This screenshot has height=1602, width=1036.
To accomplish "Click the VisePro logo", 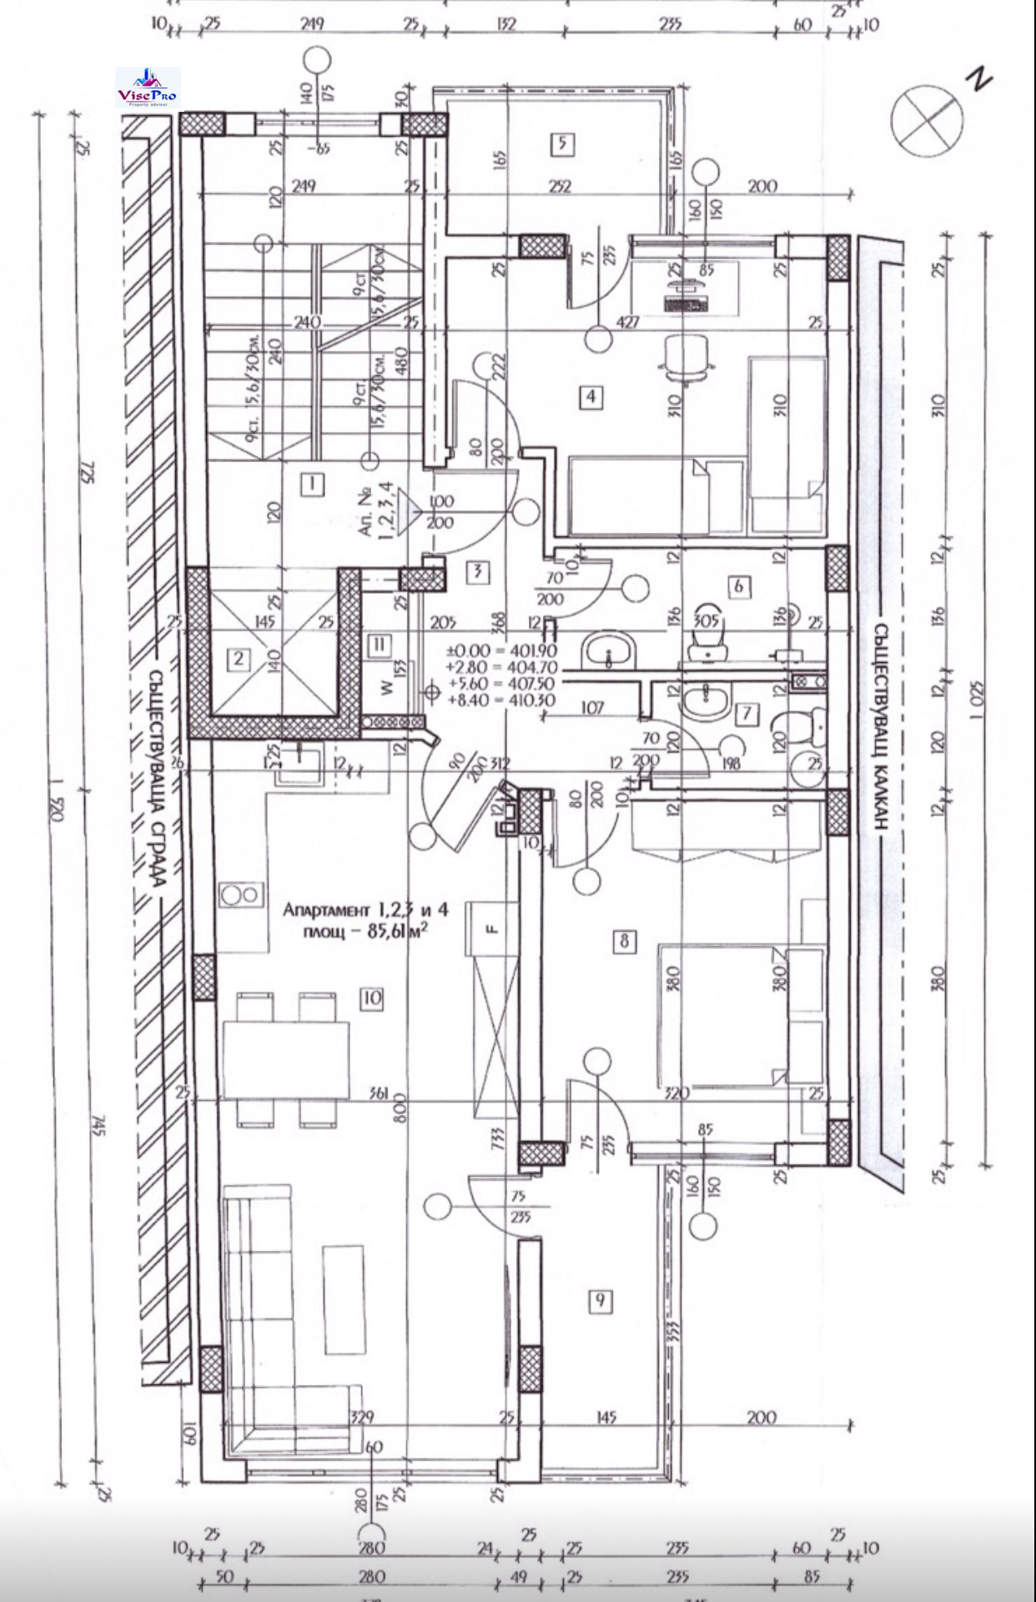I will (147, 87).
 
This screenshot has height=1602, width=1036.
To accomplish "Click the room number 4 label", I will (591, 396).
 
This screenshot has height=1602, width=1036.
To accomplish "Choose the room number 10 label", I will (372, 997).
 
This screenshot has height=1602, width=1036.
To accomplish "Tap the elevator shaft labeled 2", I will (239, 659).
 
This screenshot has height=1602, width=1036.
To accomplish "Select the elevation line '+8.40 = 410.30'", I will (501, 701).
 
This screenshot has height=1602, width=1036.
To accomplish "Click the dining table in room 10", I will (286, 1059).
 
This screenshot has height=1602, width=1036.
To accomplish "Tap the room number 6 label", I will (738, 586).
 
